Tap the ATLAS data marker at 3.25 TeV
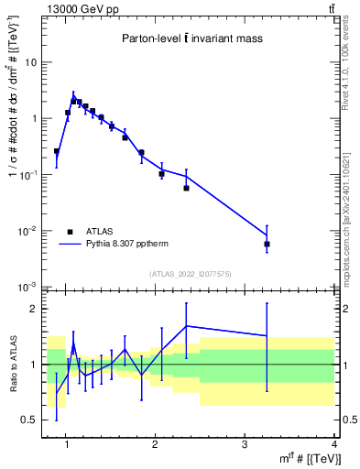pyautogui.click(x=267, y=245)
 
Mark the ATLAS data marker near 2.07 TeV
pyautogui.click(x=161, y=173)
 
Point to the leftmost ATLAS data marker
pyautogui.click(x=57, y=151)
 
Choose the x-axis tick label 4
pyautogui.click(x=334, y=445)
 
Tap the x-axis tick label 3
pyautogui.click(x=245, y=445)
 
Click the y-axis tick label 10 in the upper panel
pyautogui.click(x=30, y=62)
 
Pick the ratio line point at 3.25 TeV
pyautogui.click(x=267, y=336)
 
